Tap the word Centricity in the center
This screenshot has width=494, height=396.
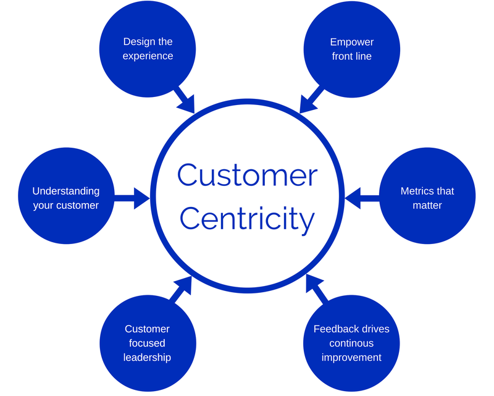click(x=247, y=217)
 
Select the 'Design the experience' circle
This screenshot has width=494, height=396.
click(x=148, y=49)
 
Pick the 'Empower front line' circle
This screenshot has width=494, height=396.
click(x=351, y=49)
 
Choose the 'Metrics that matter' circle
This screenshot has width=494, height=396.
click(x=427, y=198)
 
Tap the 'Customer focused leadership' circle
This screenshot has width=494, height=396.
click(x=148, y=343)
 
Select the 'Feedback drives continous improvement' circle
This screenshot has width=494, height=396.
click(x=351, y=343)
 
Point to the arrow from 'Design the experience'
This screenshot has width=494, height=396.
click(x=184, y=99)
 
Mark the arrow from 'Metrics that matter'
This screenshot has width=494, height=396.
click(x=361, y=198)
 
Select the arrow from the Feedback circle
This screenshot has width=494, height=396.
click(x=316, y=290)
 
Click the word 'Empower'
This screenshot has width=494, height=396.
click(x=351, y=42)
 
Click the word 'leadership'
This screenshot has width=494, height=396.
click(x=148, y=357)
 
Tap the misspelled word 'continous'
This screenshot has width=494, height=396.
click(x=351, y=343)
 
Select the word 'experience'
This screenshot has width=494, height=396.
click(x=148, y=56)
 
